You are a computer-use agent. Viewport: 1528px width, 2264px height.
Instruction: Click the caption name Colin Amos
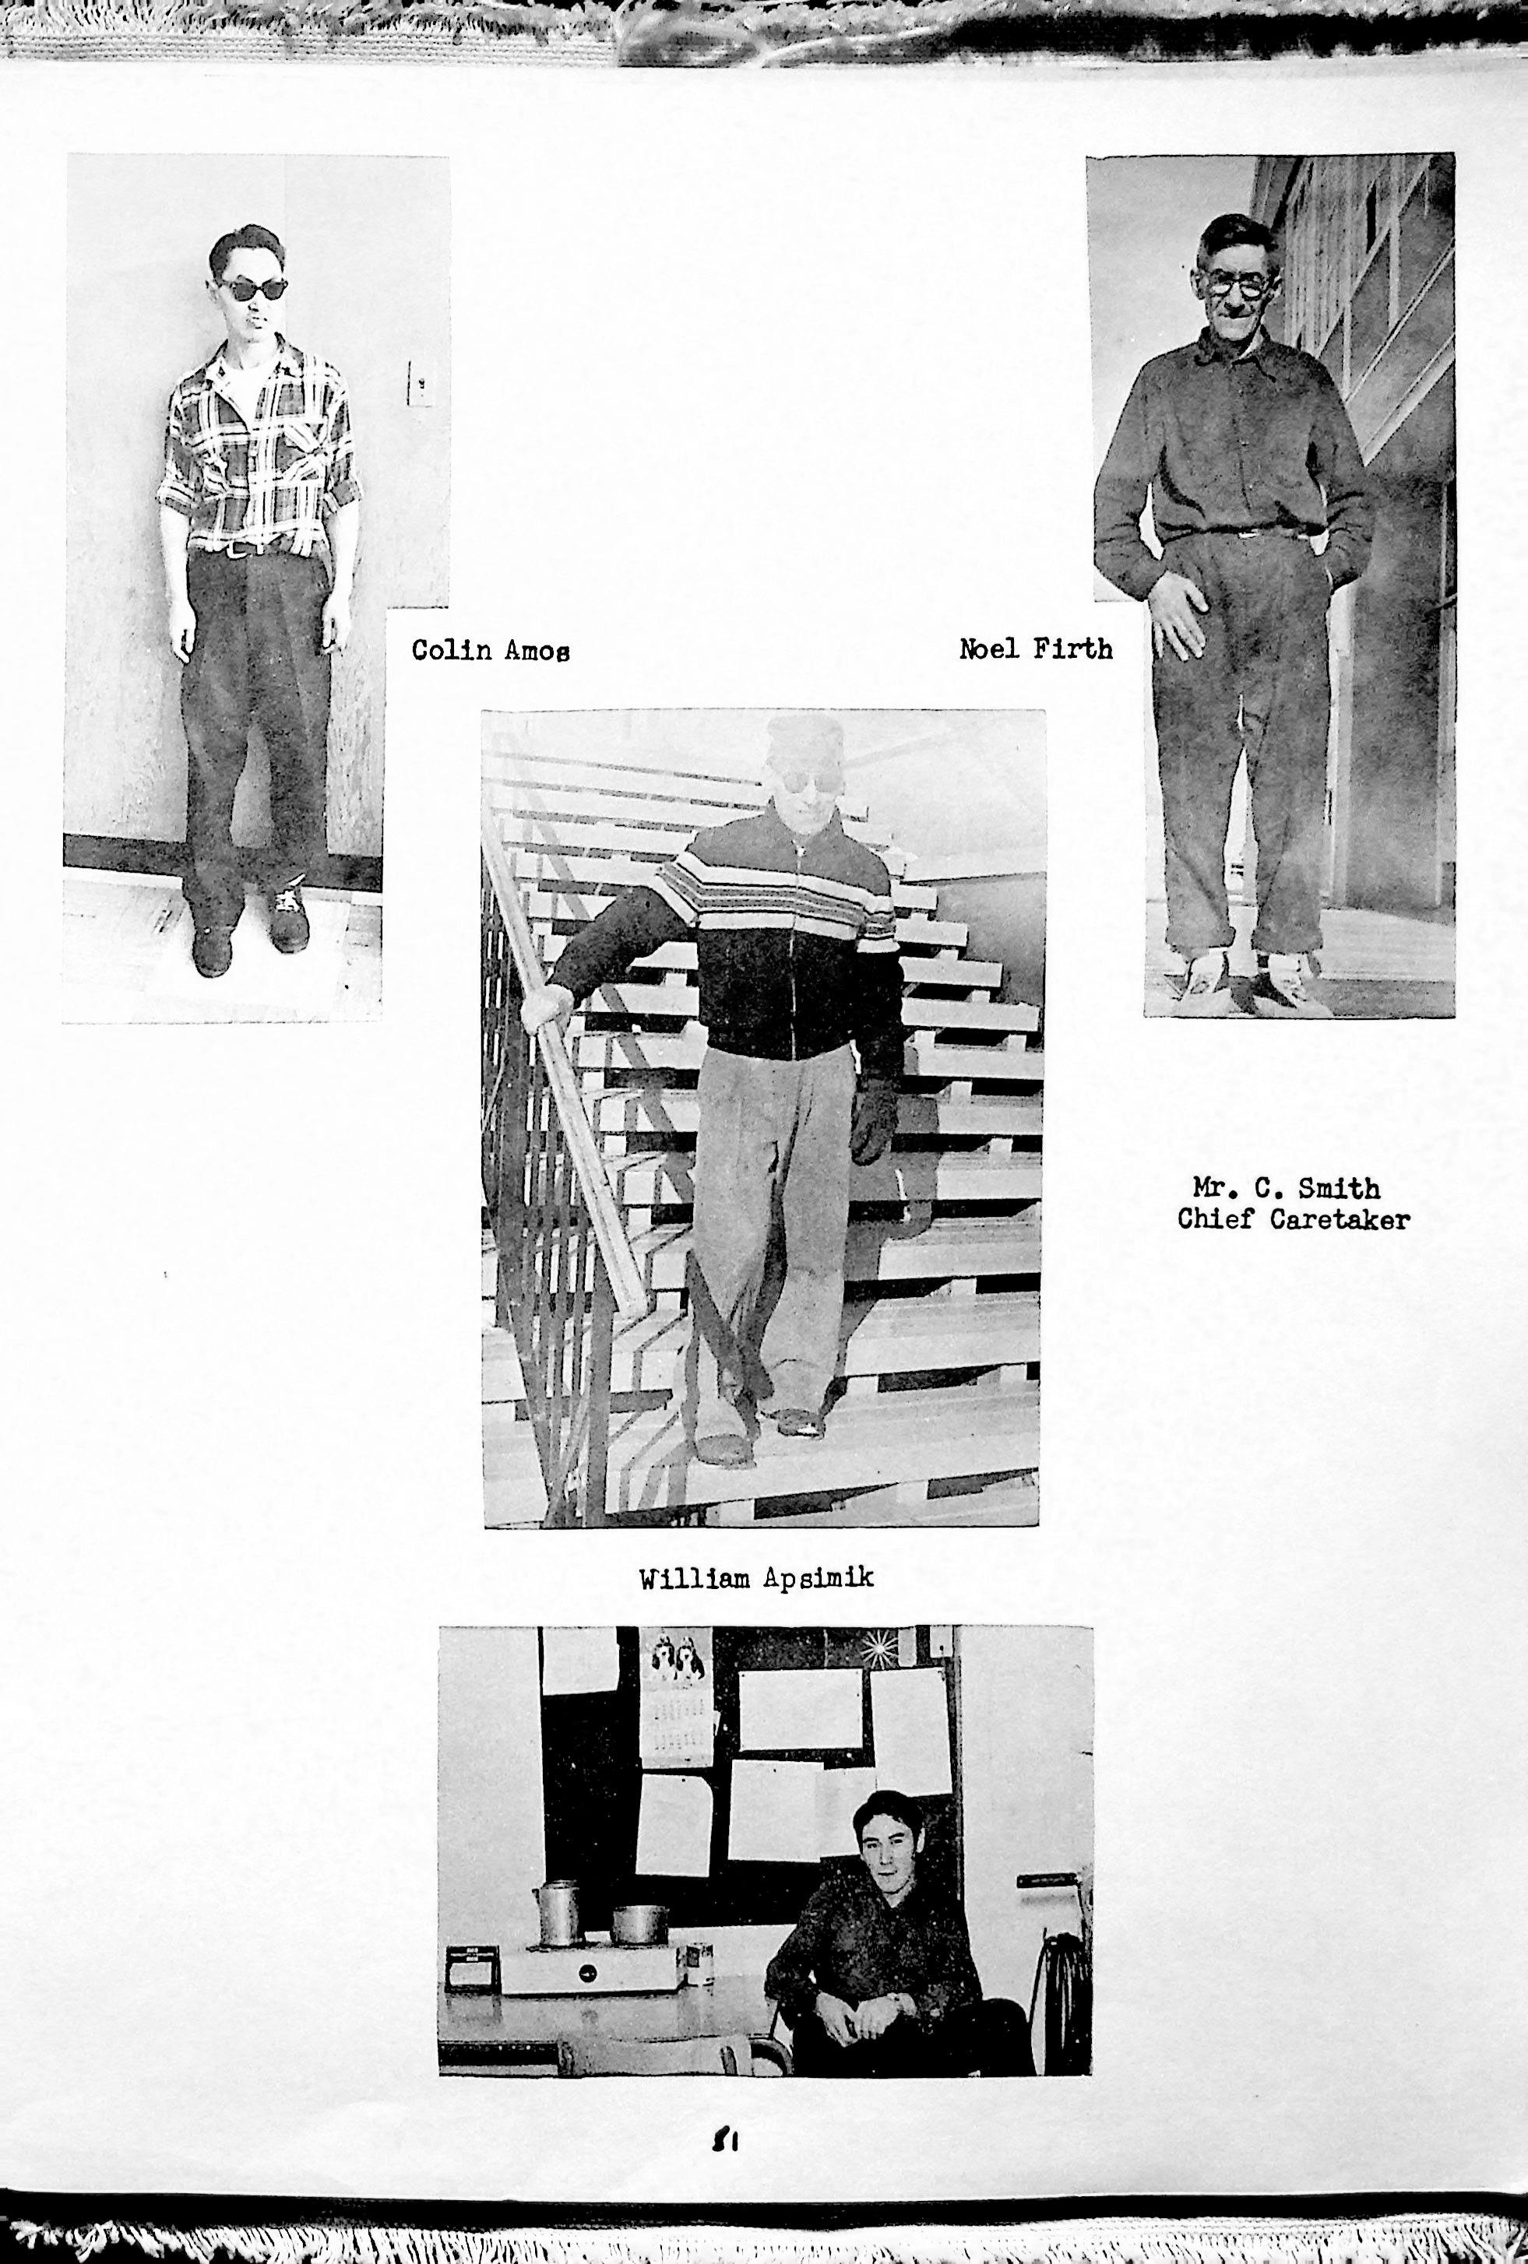(x=490, y=650)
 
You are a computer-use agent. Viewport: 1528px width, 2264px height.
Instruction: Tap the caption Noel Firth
(x=1035, y=648)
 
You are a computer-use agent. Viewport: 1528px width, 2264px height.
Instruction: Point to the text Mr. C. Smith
(x=1287, y=1189)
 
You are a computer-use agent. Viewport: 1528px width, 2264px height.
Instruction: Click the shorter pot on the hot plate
(x=639, y=1923)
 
